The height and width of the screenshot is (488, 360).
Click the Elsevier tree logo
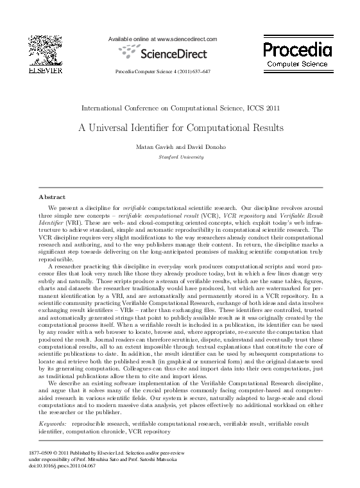(41, 50)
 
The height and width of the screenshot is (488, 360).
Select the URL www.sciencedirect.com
(186, 39)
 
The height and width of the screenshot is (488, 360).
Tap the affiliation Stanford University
(180, 157)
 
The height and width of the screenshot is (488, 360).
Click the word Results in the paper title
(264, 128)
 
